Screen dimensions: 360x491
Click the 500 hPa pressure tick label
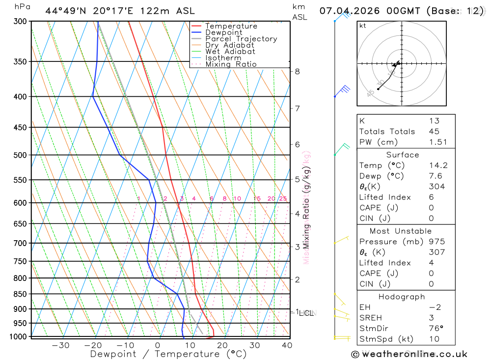pos(20,155)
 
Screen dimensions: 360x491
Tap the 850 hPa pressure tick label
pos(20,294)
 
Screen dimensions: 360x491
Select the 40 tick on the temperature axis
pos(287,345)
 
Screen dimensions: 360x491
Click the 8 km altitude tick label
pos(297,71)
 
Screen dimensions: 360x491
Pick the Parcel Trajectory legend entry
pos(241,39)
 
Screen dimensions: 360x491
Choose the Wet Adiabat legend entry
pos(230,52)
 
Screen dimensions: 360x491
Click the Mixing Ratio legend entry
pos(231,64)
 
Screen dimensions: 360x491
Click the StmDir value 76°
pos(434,328)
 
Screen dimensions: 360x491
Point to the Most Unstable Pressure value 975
pos(436,242)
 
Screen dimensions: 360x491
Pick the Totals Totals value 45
pos(434,131)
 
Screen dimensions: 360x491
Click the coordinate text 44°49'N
pos(65,11)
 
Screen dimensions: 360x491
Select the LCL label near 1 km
pos(307,313)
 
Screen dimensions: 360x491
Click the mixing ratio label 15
pos(257,198)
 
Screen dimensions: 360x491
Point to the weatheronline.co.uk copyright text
pos(409,354)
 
